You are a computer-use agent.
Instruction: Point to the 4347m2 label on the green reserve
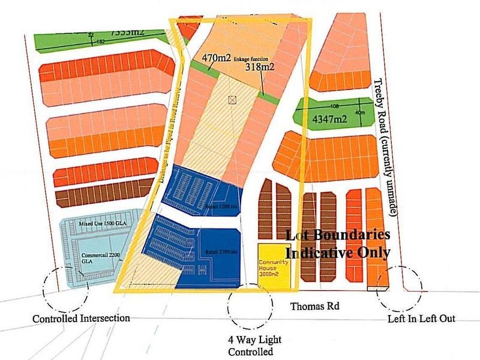[330, 119]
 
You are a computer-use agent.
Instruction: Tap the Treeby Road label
[386, 147]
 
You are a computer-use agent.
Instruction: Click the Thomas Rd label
[315, 307]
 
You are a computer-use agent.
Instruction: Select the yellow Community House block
[274, 263]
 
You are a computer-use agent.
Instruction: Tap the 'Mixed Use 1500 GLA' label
[102, 223]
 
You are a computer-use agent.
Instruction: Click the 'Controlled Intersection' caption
[81, 318]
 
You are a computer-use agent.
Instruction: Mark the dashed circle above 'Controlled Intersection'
[66, 289]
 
